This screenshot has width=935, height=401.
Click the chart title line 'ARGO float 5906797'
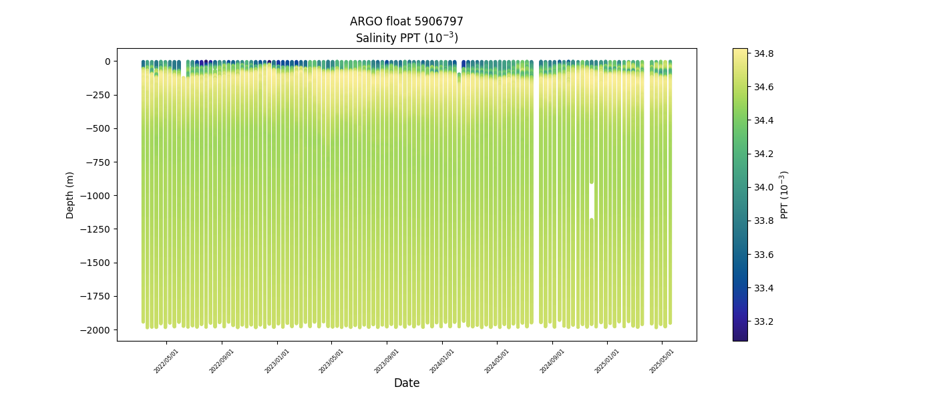406,21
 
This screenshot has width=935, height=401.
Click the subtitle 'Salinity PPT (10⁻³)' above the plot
406,37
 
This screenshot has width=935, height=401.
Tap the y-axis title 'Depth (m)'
70,194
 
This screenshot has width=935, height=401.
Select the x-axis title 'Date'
406,383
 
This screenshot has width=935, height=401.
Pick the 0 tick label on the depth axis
107,61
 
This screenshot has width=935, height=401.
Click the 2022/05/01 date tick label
166,361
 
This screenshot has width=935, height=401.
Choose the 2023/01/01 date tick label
277,361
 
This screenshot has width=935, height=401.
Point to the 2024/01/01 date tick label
442,361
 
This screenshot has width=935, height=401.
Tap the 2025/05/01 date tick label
662,361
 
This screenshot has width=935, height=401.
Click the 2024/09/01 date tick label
552,361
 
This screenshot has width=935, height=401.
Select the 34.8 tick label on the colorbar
764,53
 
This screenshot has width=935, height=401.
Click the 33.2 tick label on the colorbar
764,321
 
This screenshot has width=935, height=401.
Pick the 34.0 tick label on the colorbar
764,187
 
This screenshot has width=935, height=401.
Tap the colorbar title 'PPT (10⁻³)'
785,194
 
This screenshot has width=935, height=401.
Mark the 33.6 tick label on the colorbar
764,255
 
